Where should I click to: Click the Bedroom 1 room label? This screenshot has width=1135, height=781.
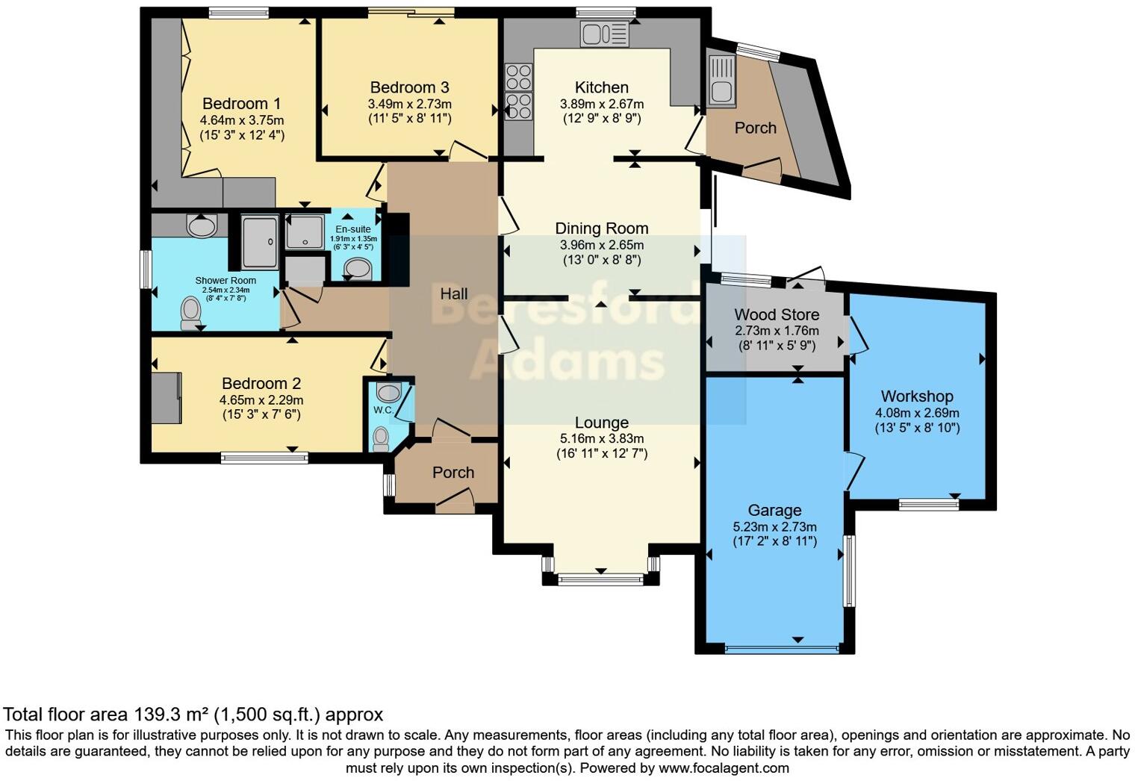pos(241,103)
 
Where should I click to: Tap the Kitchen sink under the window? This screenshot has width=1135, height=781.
pos(605,34)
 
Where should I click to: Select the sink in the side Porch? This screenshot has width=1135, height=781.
pos(721,81)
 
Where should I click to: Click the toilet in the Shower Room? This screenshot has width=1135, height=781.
pos(190,314)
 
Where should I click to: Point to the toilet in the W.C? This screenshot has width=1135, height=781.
pos(380,440)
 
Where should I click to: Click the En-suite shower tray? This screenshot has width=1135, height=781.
pos(305,232)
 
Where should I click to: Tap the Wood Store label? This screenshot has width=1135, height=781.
pos(777,314)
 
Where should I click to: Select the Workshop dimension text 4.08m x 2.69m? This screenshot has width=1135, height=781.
pos(917,413)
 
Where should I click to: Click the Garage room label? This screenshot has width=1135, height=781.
pos(775,510)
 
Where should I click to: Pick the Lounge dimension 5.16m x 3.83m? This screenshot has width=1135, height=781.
pos(602,438)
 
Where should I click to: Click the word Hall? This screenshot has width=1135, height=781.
pos(453,293)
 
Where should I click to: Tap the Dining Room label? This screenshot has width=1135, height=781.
pos(601,228)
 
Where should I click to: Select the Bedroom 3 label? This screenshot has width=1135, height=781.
pos(409,87)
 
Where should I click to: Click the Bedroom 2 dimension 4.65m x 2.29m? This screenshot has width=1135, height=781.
pos(261,400)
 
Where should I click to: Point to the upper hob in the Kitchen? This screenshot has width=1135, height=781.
pos(518,78)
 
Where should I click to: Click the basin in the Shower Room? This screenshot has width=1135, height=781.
pos(202,225)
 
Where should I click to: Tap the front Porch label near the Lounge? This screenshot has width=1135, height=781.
pos(453,473)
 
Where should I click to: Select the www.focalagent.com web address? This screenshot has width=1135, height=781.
pos(724,768)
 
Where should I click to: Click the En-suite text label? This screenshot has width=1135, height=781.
pos(353,229)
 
